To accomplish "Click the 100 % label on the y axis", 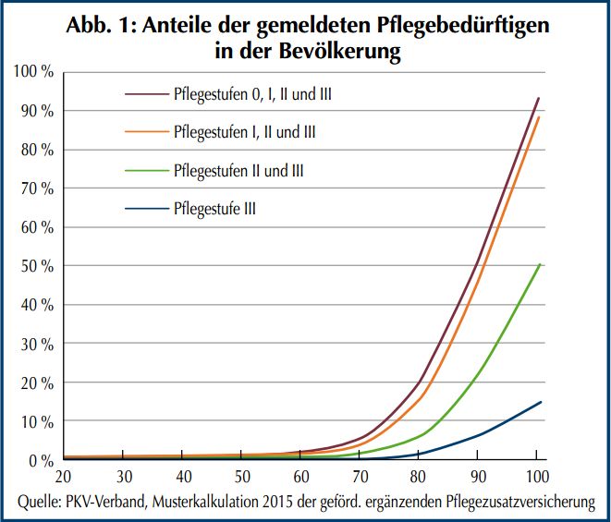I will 32,72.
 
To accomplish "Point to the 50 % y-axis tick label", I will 36,266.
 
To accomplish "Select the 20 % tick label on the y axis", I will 36,382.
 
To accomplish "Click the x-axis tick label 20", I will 64,478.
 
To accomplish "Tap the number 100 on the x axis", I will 537,478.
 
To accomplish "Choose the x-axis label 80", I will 419,478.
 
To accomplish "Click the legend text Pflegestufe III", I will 214,209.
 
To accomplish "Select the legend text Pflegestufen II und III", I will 238,171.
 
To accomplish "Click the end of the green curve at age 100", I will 539,264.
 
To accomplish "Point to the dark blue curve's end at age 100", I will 540,402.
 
